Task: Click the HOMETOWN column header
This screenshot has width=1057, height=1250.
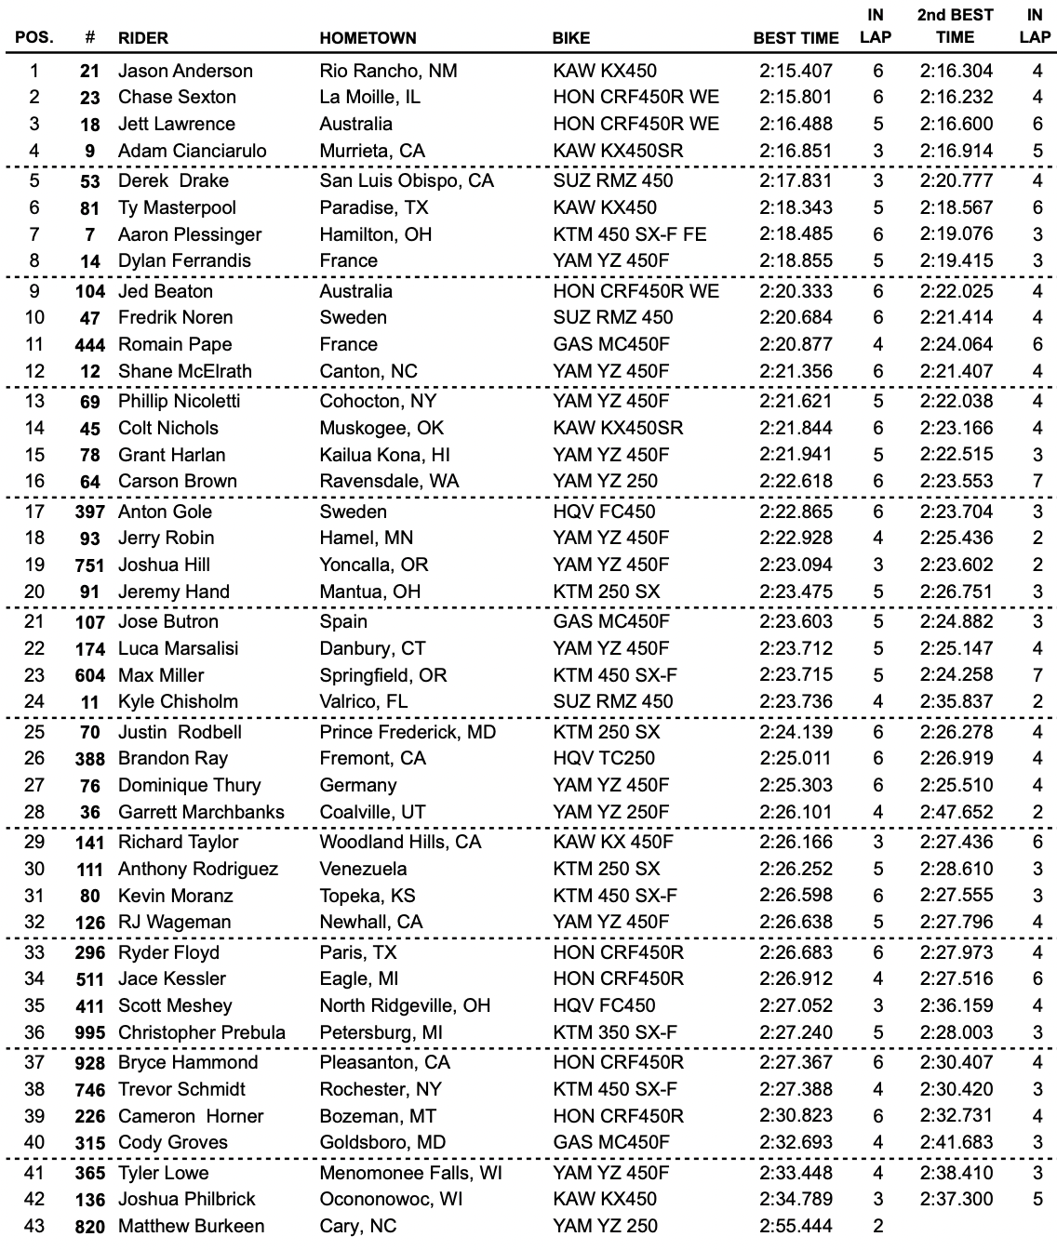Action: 368,38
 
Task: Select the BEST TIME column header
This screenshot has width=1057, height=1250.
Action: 796,38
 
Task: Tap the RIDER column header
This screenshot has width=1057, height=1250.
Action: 143,38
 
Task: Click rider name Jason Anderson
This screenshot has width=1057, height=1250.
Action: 185,71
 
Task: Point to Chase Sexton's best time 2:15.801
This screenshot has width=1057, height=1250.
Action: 796,97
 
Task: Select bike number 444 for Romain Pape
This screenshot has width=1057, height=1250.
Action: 89,344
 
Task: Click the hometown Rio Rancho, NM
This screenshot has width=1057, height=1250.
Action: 388,71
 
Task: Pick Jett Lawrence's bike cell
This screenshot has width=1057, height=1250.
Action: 636,124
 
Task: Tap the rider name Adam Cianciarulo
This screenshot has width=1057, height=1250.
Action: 192,151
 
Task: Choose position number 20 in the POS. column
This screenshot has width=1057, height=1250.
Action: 34,592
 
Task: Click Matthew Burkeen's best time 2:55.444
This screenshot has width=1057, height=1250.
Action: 796,1226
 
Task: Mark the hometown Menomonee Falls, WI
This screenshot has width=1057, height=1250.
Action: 410,1173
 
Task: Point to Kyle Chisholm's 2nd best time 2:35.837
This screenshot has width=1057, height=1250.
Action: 957,701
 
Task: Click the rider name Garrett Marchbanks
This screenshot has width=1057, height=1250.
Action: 201,812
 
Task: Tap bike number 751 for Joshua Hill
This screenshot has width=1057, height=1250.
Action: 89,565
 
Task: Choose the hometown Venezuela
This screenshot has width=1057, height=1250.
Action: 363,869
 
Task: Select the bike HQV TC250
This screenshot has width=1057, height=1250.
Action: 603,758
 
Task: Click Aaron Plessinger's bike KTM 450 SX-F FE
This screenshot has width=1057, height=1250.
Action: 629,234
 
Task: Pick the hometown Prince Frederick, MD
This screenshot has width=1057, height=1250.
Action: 408,732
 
